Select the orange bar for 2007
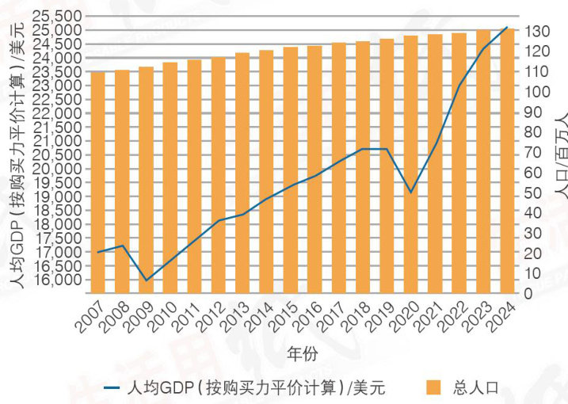click(98, 182)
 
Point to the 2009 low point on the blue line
click(146, 280)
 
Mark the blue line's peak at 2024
click(507, 28)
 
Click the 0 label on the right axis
click(531, 294)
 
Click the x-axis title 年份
click(303, 354)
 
